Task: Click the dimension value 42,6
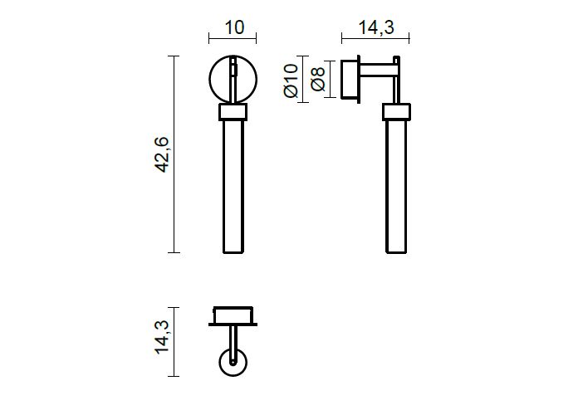click(x=161, y=154)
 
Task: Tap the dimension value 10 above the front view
click(x=234, y=27)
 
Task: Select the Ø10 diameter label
click(x=291, y=81)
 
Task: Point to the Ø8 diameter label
click(x=318, y=79)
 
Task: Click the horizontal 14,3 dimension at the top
click(x=376, y=27)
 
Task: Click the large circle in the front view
click(x=210, y=79)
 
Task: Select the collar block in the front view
click(x=233, y=112)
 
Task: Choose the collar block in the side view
click(x=396, y=111)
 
